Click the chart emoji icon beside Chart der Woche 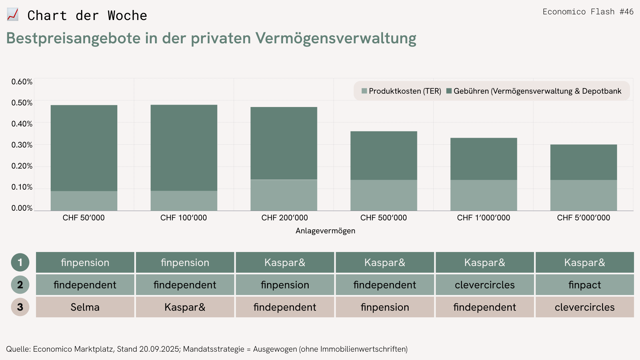tap(13, 15)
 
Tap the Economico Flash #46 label tap(588, 12)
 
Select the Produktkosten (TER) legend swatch tap(364, 91)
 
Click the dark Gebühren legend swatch tap(449, 91)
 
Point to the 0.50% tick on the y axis tap(22, 103)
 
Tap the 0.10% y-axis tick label tap(22, 187)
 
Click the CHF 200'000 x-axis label tap(284, 218)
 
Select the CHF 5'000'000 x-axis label tap(583, 218)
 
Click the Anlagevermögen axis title tap(325, 231)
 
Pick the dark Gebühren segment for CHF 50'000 tap(84, 148)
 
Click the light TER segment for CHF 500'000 tap(384, 195)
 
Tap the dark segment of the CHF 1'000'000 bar tap(484, 159)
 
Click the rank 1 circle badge tap(20, 262)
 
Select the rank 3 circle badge tap(20, 307)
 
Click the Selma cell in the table tap(85, 307)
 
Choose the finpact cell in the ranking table tap(585, 285)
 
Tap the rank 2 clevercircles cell tap(485, 285)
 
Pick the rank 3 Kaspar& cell tap(185, 307)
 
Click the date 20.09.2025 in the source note tap(159, 349)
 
